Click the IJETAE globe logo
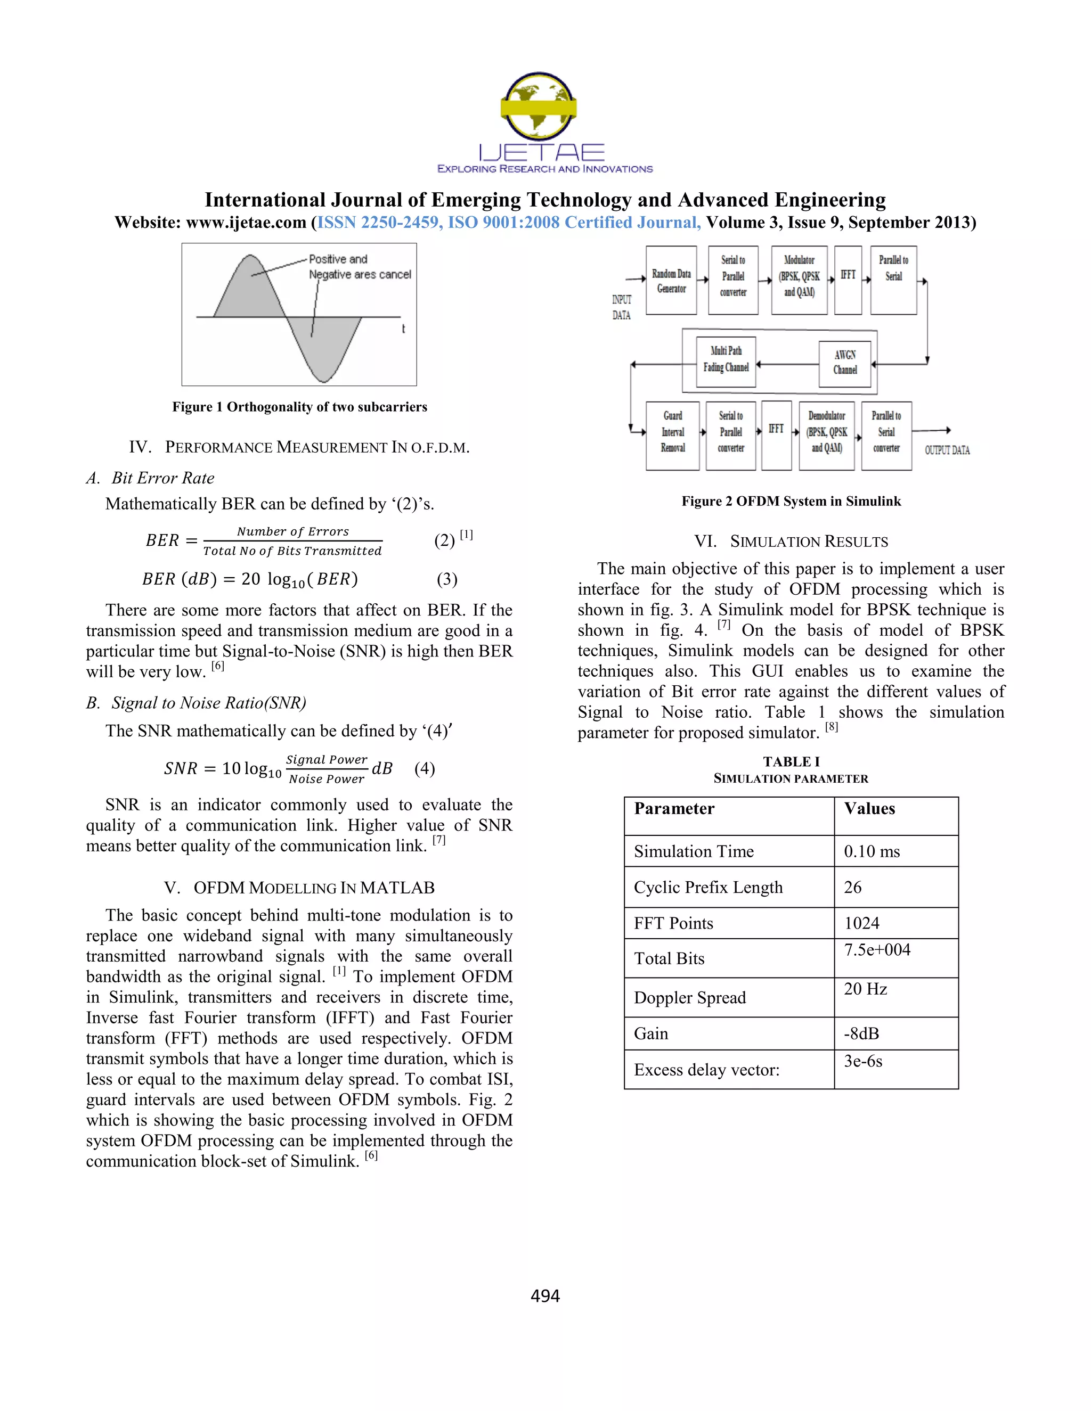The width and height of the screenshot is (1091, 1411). (x=539, y=106)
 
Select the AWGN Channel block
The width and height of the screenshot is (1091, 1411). (x=845, y=363)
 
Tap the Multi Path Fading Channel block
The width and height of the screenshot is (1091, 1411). (x=726, y=359)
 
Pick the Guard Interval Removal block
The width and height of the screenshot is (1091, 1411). (x=672, y=432)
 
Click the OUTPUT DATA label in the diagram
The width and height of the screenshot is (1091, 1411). (x=946, y=450)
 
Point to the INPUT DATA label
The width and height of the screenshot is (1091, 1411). (x=621, y=307)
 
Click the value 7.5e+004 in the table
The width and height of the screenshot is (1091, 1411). (x=877, y=950)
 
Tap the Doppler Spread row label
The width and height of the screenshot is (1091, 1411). (x=690, y=998)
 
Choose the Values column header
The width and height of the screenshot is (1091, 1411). (x=869, y=809)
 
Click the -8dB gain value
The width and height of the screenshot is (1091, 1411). (x=861, y=1033)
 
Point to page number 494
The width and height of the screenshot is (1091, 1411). (x=545, y=1296)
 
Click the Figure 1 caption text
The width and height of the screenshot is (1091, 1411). (x=299, y=407)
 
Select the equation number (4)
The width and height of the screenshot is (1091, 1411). (x=425, y=768)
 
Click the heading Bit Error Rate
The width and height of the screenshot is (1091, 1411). (x=162, y=478)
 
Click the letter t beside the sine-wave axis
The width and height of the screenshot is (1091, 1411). (x=403, y=329)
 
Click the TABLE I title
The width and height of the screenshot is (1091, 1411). (x=791, y=762)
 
